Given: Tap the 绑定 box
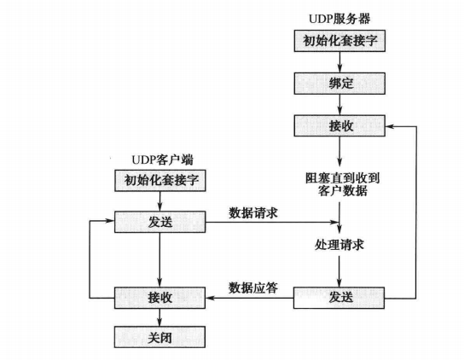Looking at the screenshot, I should (x=339, y=84).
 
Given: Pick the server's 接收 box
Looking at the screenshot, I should (x=339, y=126).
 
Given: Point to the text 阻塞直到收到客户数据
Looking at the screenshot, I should (x=339, y=184).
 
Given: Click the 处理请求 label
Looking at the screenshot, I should (x=339, y=245).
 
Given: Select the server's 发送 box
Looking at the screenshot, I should (x=339, y=298).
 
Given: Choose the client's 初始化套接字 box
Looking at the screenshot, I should (x=160, y=181).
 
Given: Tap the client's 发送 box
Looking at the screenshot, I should (x=160, y=222).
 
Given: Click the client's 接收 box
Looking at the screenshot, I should (x=160, y=298).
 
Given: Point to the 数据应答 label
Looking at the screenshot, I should (x=253, y=287).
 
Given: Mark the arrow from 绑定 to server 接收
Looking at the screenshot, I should (x=339, y=105).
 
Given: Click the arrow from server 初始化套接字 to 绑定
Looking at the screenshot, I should (x=339, y=62).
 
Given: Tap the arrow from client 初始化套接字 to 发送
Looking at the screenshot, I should (x=160, y=201).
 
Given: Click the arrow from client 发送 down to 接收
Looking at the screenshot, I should (x=160, y=259).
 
